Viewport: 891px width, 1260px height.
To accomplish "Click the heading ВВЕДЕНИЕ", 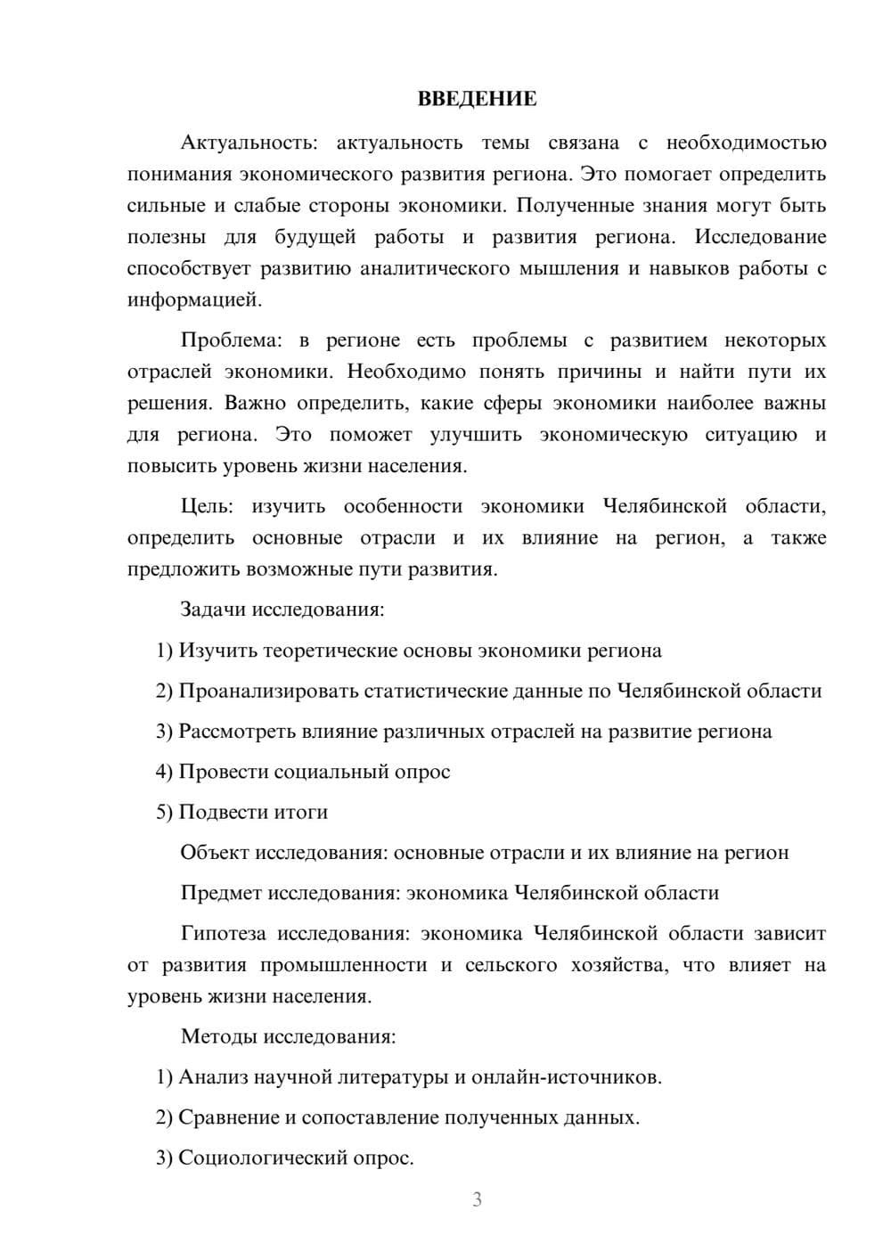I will tap(477, 99).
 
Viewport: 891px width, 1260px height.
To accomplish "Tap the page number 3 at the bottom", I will tap(477, 1199).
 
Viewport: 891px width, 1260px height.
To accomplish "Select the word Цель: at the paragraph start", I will tap(207, 506).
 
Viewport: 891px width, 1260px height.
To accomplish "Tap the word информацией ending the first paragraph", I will tap(193, 299).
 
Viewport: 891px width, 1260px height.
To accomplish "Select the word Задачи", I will tap(213, 610).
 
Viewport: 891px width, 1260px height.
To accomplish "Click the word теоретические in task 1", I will tap(331, 650).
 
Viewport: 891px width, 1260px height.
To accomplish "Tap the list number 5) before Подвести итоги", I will tap(165, 812).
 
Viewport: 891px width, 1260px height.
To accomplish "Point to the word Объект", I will tap(215, 853).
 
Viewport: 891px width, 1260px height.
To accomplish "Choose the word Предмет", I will tap(221, 893).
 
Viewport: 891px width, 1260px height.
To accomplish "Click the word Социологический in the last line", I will tap(267, 1158).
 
